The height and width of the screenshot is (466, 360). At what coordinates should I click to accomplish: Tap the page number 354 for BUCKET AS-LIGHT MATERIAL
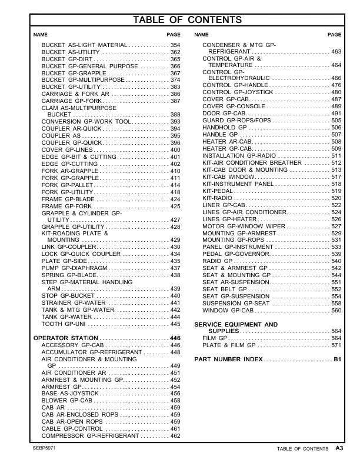(x=175, y=45)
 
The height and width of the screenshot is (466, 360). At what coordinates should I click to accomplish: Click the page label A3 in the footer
(x=339, y=448)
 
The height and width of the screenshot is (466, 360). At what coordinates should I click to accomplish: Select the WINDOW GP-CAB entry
(x=228, y=310)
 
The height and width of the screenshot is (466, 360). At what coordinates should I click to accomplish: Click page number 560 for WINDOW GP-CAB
(x=336, y=310)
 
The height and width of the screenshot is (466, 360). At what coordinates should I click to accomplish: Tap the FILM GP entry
(x=215, y=338)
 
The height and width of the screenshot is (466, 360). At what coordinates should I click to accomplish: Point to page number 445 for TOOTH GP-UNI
(x=175, y=324)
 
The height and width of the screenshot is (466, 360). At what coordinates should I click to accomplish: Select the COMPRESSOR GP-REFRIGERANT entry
(x=89, y=436)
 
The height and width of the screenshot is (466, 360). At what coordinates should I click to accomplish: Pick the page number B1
(x=337, y=359)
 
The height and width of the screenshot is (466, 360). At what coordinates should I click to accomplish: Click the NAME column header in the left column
(x=39, y=35)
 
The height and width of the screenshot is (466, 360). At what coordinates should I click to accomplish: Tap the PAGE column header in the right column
(x=334, y=35)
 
